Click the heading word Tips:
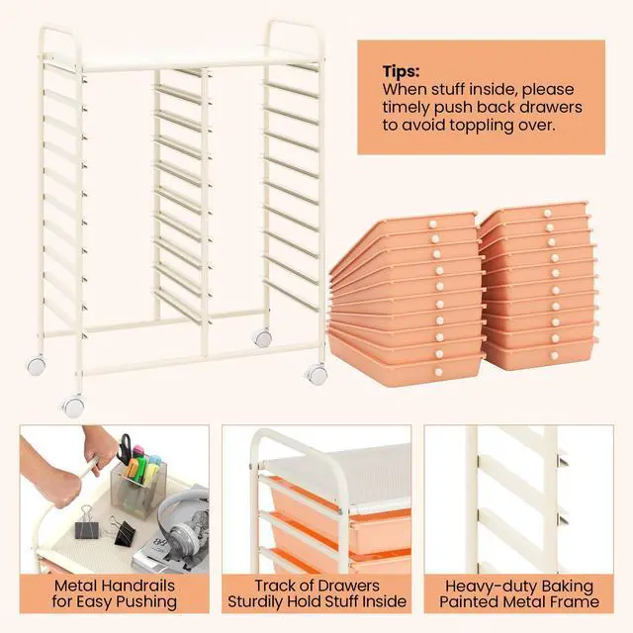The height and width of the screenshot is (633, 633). click(402, 72)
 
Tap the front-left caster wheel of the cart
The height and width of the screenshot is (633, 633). click(72, 406)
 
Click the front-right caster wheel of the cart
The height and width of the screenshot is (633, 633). click(316, 375)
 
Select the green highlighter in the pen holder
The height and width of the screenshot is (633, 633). click(140, 461)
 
